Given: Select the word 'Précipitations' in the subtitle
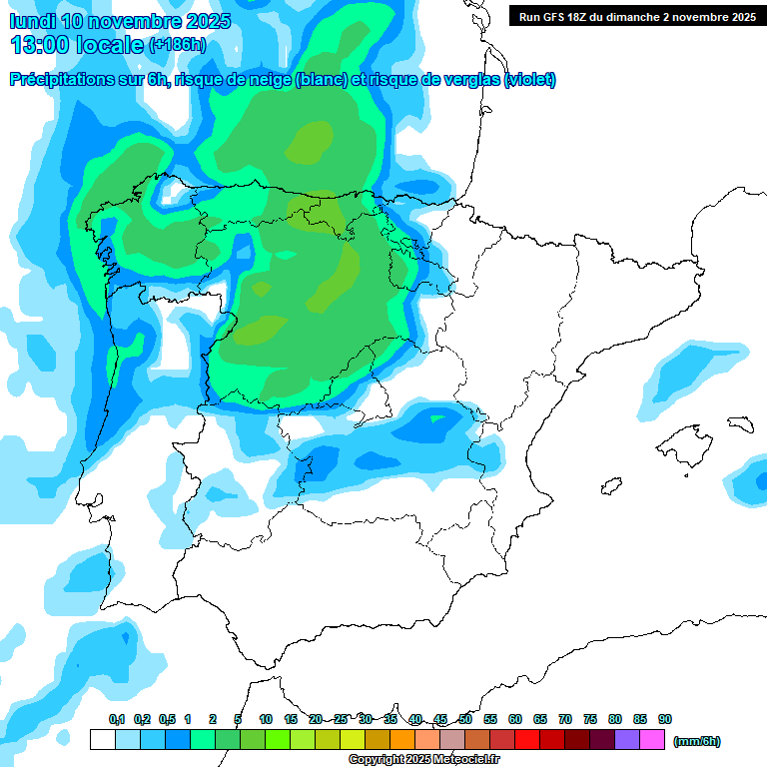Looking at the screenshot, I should tap(61, 80).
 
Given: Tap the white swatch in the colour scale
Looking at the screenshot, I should tap(102, 740).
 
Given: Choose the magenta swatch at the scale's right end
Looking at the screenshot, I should tap(652, 740).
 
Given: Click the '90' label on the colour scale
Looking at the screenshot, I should tap(665, 719).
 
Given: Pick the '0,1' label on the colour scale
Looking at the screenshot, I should tap(116, 719).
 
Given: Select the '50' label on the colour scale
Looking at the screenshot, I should tap(465, 719).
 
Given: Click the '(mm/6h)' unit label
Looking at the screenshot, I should tap(697, 741).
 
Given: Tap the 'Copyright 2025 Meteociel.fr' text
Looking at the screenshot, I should tap(423, 760).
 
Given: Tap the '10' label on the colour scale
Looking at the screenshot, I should tap(266, 719).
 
